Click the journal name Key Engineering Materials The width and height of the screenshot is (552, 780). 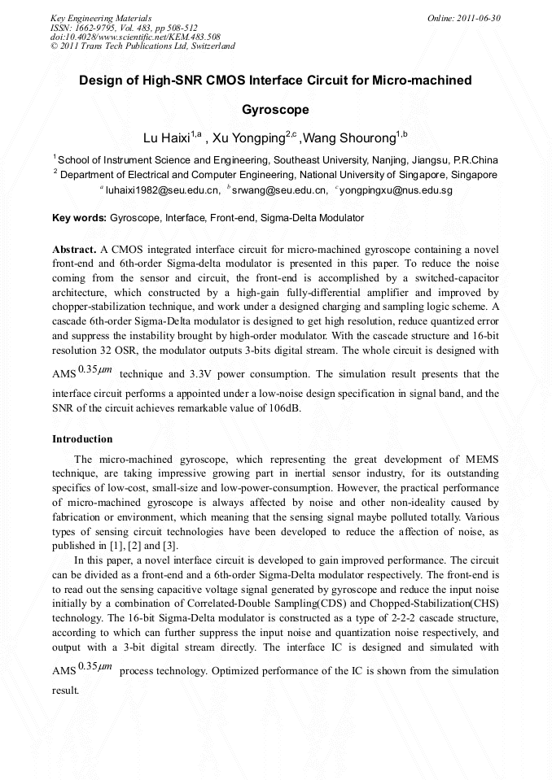pos(100,18)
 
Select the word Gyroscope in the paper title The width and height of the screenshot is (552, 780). pos(275,108)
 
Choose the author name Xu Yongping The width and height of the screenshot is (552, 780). pos(249,137)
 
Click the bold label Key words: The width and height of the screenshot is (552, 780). pos(79,218)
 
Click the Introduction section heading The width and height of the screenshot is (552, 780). pos(82,439)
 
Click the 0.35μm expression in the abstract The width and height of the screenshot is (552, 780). pos(96,372)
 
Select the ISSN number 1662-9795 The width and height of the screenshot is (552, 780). pos(93,28)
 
